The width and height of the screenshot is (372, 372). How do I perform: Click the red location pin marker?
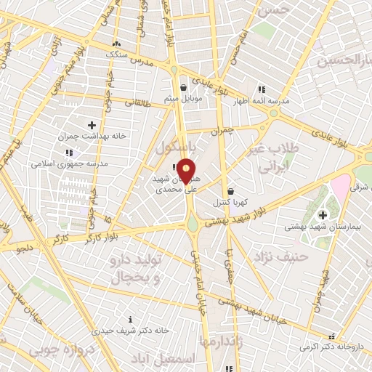coord(187,171)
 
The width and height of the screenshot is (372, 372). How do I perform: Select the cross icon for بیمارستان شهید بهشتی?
coord(323,214)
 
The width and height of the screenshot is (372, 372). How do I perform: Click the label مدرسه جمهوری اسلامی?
coord(69,163)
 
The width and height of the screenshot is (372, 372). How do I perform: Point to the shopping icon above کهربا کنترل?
coord(230,192)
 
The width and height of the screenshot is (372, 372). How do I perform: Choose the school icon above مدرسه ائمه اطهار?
coord(262,89)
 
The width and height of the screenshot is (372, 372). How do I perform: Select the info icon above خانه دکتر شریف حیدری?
coord(130,318)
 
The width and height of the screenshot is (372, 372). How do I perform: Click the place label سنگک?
coord(116,54)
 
